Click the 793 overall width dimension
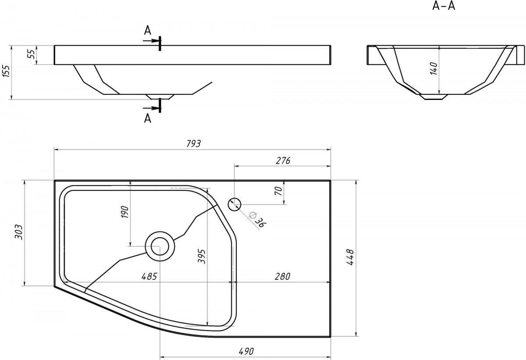coord(193,144)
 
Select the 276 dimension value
coord(283,160)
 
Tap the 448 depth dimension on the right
coord(350,257)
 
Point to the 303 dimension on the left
coord(18,232)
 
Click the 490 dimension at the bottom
coord(246,351)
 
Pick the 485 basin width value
coord(149,276)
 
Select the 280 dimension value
coord(282,276)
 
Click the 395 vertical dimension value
coord(202,257)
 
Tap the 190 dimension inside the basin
coord(124,212)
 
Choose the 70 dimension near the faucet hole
coord(278,191)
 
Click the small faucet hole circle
coord(235,204)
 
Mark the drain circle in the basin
coord(160,246)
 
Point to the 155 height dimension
coord(6,71)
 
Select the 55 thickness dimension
coord(32,54)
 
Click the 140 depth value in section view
coord(434,68)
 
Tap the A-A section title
coord(444,6)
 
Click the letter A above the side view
coord(147,30)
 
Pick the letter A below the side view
coord(147,118)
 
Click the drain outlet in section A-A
coord(434,97)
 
